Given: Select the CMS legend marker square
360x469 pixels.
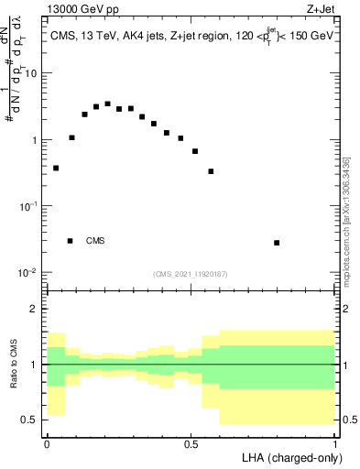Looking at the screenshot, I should point(71,241).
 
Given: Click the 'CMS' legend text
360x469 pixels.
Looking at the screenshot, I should point(95,241).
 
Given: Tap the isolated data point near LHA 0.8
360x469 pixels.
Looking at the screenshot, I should point(277,243).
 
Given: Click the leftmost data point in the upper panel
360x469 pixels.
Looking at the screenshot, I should point(56,168).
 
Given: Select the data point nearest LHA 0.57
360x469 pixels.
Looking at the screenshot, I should point(211,171).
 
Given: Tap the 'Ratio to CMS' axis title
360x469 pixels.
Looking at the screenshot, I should point(14,365).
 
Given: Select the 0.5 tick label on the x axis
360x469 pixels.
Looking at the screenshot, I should point(191,443).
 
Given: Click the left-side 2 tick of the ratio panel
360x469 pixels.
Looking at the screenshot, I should point(36,310).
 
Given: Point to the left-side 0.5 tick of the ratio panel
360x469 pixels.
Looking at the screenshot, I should point(32,420).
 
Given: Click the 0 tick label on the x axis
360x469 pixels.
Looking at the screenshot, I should point(47,443).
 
